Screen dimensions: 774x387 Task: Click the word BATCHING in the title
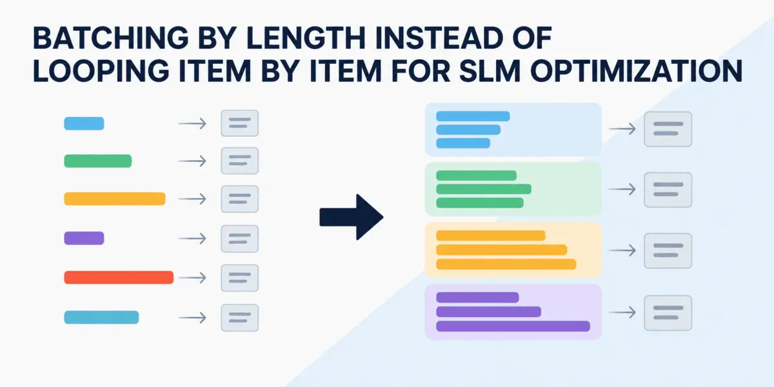pos(111,38)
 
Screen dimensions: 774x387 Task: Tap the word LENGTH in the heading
pos(306,38)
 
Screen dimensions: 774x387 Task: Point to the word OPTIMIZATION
pos(637,71)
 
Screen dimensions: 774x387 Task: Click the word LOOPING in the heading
pos(101,71)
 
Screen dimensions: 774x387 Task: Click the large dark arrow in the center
pos(352,217)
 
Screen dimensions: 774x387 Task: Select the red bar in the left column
pos(119,277)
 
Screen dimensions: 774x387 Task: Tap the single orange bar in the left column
pos(115,199)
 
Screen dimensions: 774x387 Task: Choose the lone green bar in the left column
pos(98,161)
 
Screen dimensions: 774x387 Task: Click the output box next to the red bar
pos(240,278)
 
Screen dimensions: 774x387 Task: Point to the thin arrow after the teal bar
pos(192,317)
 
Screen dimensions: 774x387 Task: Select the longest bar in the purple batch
pos(513,326)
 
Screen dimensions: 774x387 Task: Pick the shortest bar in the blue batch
pos(463,143)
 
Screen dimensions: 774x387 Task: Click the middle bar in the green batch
pos(484,189)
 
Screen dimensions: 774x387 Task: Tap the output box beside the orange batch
pos(668,251)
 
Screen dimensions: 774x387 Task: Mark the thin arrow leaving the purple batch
pos(622,312)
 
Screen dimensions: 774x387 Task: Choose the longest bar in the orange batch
pos(506,264)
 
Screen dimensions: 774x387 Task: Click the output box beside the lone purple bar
pos(240,239)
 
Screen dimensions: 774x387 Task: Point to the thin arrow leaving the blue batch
pos(622,129)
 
